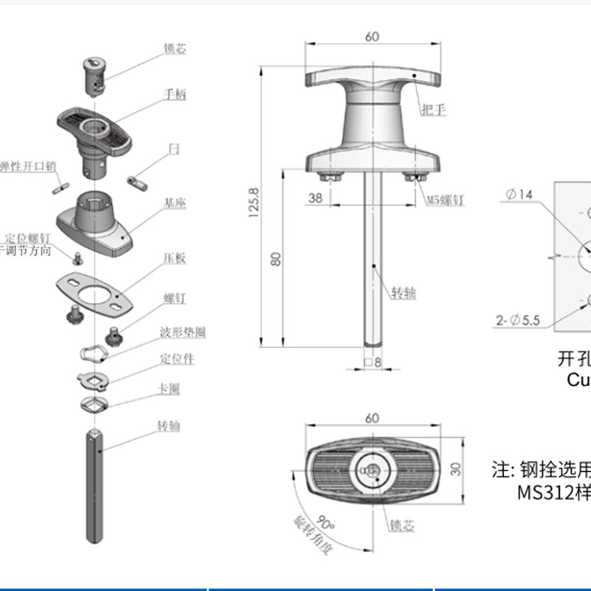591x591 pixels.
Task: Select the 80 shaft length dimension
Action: (275, 259)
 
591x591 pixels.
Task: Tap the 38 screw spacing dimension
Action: (315, 198)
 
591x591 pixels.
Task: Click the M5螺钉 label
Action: (445, 199)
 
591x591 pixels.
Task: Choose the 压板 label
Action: (174, 259)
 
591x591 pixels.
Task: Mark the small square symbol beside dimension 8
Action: (366, 362)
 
